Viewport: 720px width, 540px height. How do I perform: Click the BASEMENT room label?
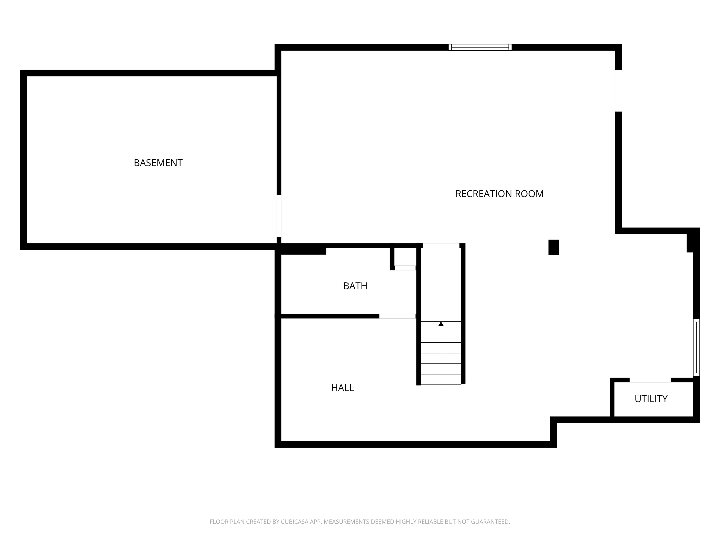coord(158,163)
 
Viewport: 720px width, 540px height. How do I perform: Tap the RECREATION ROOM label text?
coord(499,194)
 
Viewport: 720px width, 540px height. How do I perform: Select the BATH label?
coord(355,286)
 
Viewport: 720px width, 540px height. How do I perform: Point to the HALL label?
coord(342,388)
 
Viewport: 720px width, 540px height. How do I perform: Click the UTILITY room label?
coord(651,399)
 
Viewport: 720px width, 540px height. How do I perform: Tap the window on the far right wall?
coord(696,347)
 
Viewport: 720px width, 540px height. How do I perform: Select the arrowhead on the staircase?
coord(441,324)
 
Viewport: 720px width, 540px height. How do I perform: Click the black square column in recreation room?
coord(554,247)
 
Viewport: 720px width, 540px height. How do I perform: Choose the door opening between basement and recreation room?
coord(279,216)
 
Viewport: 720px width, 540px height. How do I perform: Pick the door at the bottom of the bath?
coord(397,316)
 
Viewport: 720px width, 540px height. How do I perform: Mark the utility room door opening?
coord(650,380)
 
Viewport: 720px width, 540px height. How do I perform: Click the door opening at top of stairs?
coord(441,246)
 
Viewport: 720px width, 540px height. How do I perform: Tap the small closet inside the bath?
coord(405,257)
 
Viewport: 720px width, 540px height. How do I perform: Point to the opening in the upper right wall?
coord(619,91)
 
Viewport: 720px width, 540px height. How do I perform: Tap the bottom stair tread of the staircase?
coord(441,379)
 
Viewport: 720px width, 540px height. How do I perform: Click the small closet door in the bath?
coord(405,268)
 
